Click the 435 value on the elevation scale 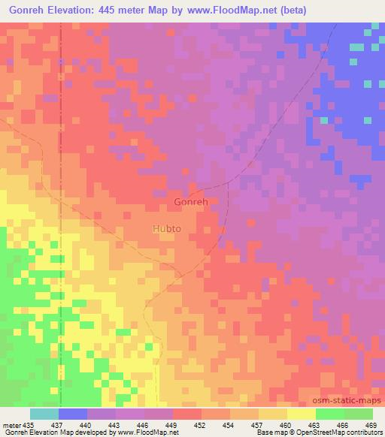pyautogui.click(x=28, y=425)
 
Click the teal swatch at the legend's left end pyautogui.click(x=44, y=414)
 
